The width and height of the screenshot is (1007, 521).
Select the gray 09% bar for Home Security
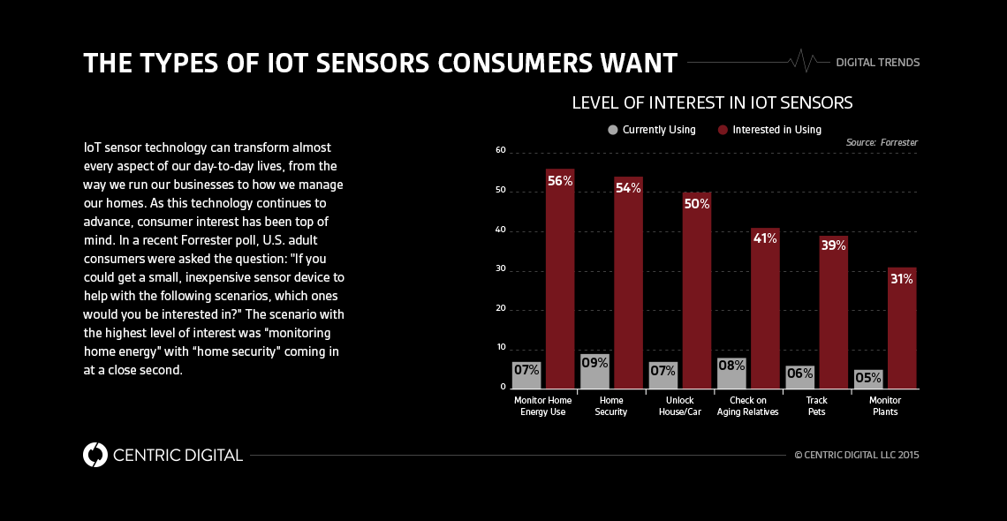coord(594,372)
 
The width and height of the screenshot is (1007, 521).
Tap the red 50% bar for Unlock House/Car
coord(696,291)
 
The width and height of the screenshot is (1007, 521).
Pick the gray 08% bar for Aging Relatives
coord(731,374)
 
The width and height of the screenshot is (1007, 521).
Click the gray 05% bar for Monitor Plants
coord(868,379)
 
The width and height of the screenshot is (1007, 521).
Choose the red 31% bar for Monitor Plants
coord(902,328)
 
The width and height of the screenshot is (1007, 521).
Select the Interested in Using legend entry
coord(769,130)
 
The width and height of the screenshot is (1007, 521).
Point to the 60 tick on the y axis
coord(501,151)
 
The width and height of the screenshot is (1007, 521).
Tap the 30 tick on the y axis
coord(501,269)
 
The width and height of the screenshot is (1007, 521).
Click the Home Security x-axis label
coord(611,406)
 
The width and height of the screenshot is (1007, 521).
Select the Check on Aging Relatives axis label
coord(747,406)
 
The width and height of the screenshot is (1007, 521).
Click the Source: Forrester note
coord(882,142)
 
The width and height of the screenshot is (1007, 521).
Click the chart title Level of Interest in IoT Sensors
coord(712,102)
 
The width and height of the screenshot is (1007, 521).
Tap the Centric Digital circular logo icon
coord(95,455)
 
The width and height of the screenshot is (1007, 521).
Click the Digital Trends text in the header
coord(877,63)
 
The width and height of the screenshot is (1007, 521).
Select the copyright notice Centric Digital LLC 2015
coord(857,456)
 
